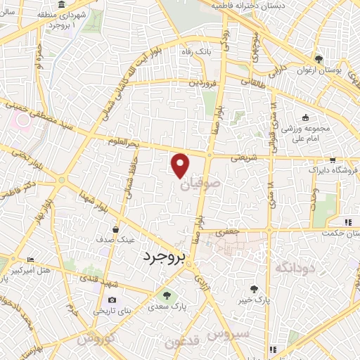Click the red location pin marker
click(181, 165)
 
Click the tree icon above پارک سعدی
click(167, 295)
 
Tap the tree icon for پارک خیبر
click(255, 288)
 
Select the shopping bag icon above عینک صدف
click(116, 229)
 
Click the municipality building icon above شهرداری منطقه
click(63, 5)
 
